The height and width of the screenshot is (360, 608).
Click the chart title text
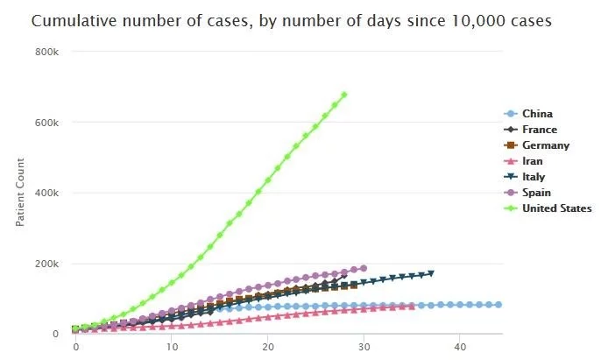[x=291, y=20]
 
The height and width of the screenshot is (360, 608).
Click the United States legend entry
[x=556, y=208]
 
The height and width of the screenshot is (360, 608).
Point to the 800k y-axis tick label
[x=46, y=53]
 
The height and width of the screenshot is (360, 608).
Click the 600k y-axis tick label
[x=46, y=123]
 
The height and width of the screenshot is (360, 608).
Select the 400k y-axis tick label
[x=46, y=193]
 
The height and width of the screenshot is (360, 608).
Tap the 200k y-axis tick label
[x=46, y=264]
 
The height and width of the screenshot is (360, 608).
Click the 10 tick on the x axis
[x=172, y=347]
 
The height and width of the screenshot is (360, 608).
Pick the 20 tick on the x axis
[x=268, y=347]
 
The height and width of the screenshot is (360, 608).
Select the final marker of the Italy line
[x=431, y=273]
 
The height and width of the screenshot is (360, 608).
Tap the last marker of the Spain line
[x=364, y=268]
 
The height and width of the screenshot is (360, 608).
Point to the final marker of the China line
[x=498, y=305]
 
